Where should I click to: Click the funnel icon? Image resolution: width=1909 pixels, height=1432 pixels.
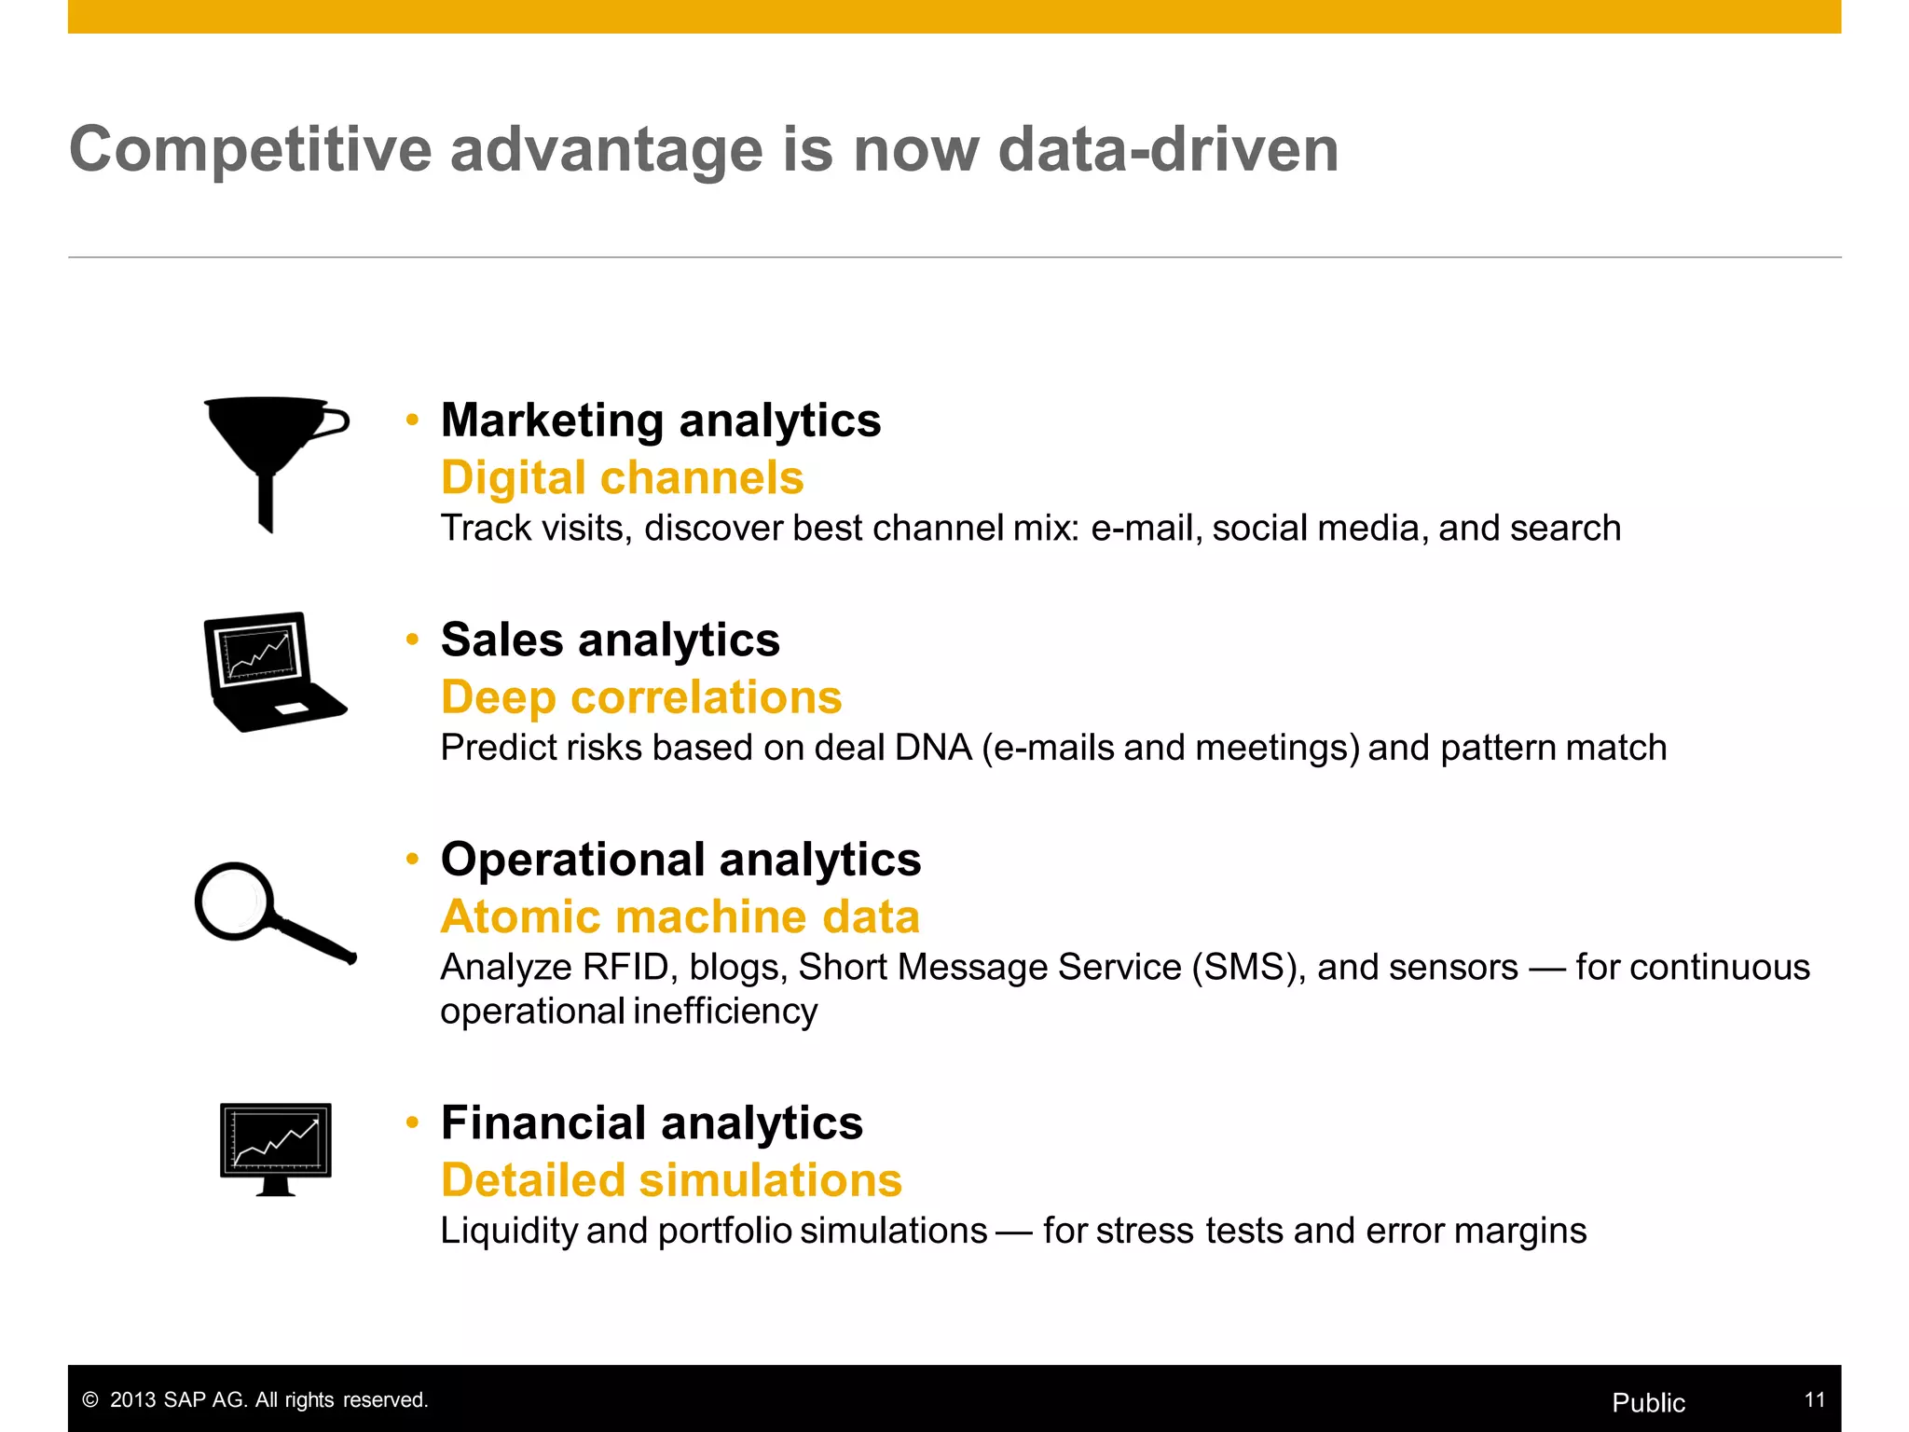tap(270, 447)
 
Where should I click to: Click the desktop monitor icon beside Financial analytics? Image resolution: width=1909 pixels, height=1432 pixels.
tap(276, 1147)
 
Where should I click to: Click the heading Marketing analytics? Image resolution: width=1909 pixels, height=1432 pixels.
tap(660, 420)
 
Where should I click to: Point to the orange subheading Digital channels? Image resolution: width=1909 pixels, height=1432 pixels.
tap(622, 478)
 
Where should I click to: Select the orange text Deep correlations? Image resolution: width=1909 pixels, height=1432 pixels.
tap(641, 697)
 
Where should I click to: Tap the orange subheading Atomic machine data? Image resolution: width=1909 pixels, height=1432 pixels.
tap(680, 916)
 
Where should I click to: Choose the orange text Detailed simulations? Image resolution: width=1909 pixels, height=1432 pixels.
tap(671, 1180)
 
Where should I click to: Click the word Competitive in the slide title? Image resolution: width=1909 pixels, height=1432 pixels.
tap(250, 151)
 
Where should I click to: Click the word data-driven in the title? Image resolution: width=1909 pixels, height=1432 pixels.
tap(1168, 149)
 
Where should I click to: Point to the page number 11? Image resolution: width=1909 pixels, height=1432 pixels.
tap(1814, 1399)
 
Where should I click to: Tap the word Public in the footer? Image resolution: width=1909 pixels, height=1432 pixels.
tap(1648, 1402)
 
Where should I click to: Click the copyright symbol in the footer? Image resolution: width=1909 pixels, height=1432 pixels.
tap(90, 1400)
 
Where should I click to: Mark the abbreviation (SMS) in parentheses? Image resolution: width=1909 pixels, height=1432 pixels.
tap(1248, 968)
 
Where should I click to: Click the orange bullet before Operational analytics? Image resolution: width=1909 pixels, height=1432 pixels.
tap(413, 859)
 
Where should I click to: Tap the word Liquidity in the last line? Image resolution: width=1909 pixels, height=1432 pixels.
tap(509, 1231)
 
